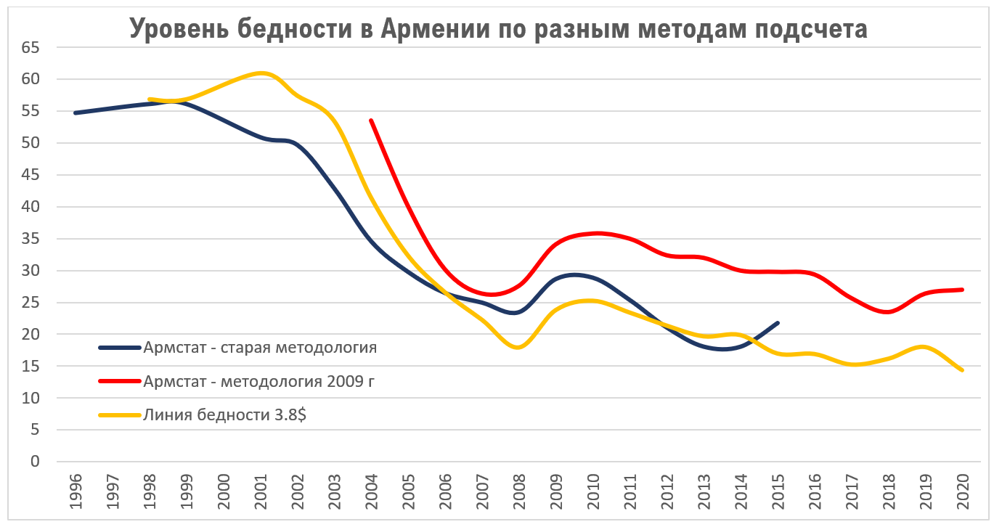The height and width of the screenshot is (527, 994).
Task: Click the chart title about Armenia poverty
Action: pyautogui.click(x=498, y=28)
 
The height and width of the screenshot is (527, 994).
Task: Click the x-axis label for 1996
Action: pyautogui.click(x=76, y=492)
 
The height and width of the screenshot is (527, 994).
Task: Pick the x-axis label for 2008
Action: pyautogui.click(x=518, y=492)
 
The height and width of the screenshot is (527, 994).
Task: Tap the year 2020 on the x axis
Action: pyautogui.click(x=962, y=492)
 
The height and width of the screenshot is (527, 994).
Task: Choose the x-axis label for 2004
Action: pyautogui.click(x=371, y=492)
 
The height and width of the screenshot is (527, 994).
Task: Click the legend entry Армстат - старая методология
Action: pyautogui.click(x=260, y=347)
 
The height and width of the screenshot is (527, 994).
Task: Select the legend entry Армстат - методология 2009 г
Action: pyautogui.click(x=258, y=381)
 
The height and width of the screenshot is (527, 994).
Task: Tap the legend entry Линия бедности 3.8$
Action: pyautogui.click(x=225, y=414)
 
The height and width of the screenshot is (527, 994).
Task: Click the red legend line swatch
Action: pyautogui.click(x=119, y=381)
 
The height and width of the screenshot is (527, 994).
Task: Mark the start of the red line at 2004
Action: pyautogui.click(x=371, y=120)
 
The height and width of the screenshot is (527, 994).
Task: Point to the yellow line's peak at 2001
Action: pyautogui.click(x=261, y=73)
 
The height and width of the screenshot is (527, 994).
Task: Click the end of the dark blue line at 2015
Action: pyautogui.click(x=778, y=322)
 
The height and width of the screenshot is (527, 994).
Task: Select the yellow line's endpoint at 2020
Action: pyautogui.click(x=962, y=370)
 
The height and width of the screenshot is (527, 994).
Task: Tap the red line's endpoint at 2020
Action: pyautogui.click(x=962, y=290)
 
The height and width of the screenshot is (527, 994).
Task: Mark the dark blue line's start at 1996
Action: pyautogui.click(x=76, y=113)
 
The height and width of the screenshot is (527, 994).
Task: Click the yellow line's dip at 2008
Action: pyautogui.click(x=518, y=348)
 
